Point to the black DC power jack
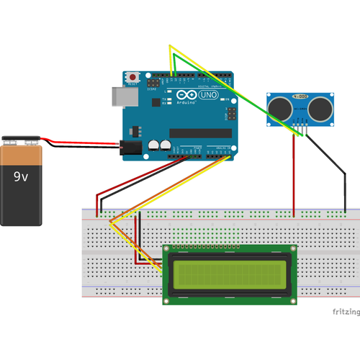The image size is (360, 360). coord(130,147)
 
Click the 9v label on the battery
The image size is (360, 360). coord(22,175)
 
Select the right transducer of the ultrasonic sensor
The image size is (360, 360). coord(320,109)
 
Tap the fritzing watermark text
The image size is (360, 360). coord(345,312)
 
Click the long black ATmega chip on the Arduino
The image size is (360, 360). coord(200,132)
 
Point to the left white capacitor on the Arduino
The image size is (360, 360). coord(154,145)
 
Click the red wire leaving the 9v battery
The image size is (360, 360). coord(79,142)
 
